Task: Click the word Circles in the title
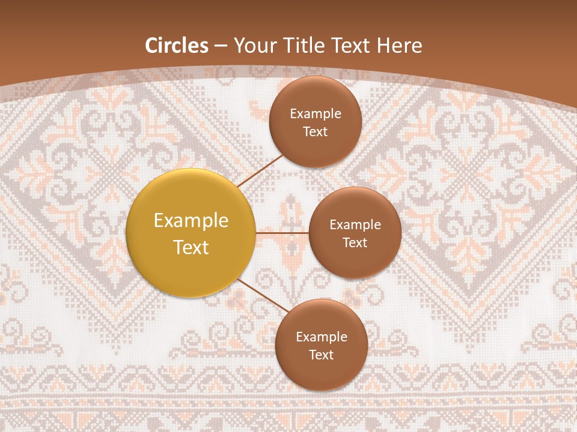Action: pyautogui.click(x=176, y=46)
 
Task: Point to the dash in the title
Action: pyautogui.click(x=221, y=47)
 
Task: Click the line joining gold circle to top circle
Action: pyautogui.click(x=260, y=170)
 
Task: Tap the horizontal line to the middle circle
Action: pyautogui.click(x=282, y=232)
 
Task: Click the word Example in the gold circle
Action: pyautogui.click(x=191, y=221)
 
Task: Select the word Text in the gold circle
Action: pyautogui.click(x=191, y=247)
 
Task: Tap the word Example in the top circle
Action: pyautogui.click(x=316, y=114)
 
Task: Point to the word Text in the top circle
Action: pyautogui.click(x=316, y=131)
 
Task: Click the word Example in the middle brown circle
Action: pyautogui.click(x=355, y=225)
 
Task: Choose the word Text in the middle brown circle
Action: pyautogui.click(x=355, y=242)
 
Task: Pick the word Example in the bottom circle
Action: pyautogui.click(x=322, y=337)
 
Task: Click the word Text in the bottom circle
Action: pyautogui.click(x=322, y=355)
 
